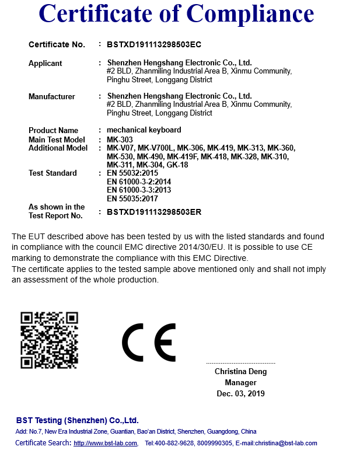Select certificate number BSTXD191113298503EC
pyautogui.click(x=154, y=44)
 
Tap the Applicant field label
pyautogui.click(x=46, y=63)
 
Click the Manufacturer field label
pyautogui.click(x=52, y=96)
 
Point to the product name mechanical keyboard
pyautogui.click(x=144, y=130)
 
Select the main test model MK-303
pyautogui.click(x=120, y=139)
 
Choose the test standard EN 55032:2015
pyautogui.click(x=132, y=173)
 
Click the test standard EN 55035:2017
pyautogui.click(x=132, y=198)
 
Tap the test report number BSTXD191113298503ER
pyautogui.click(x=154, y=212)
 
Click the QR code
pyautogui.click(x=50, y=340)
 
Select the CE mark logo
pyautogui.click(x=149, y=342)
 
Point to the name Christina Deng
pyautogui.click(x=240, y=371)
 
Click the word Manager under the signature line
pyautogui.click(x=240, y=382)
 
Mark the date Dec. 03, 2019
pyautogui.click(x=240, y=393)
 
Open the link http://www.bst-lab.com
pyautogui.click(x=106, y=444)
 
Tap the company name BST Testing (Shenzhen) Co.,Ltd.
pyautogui.click(x=78, y=420)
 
